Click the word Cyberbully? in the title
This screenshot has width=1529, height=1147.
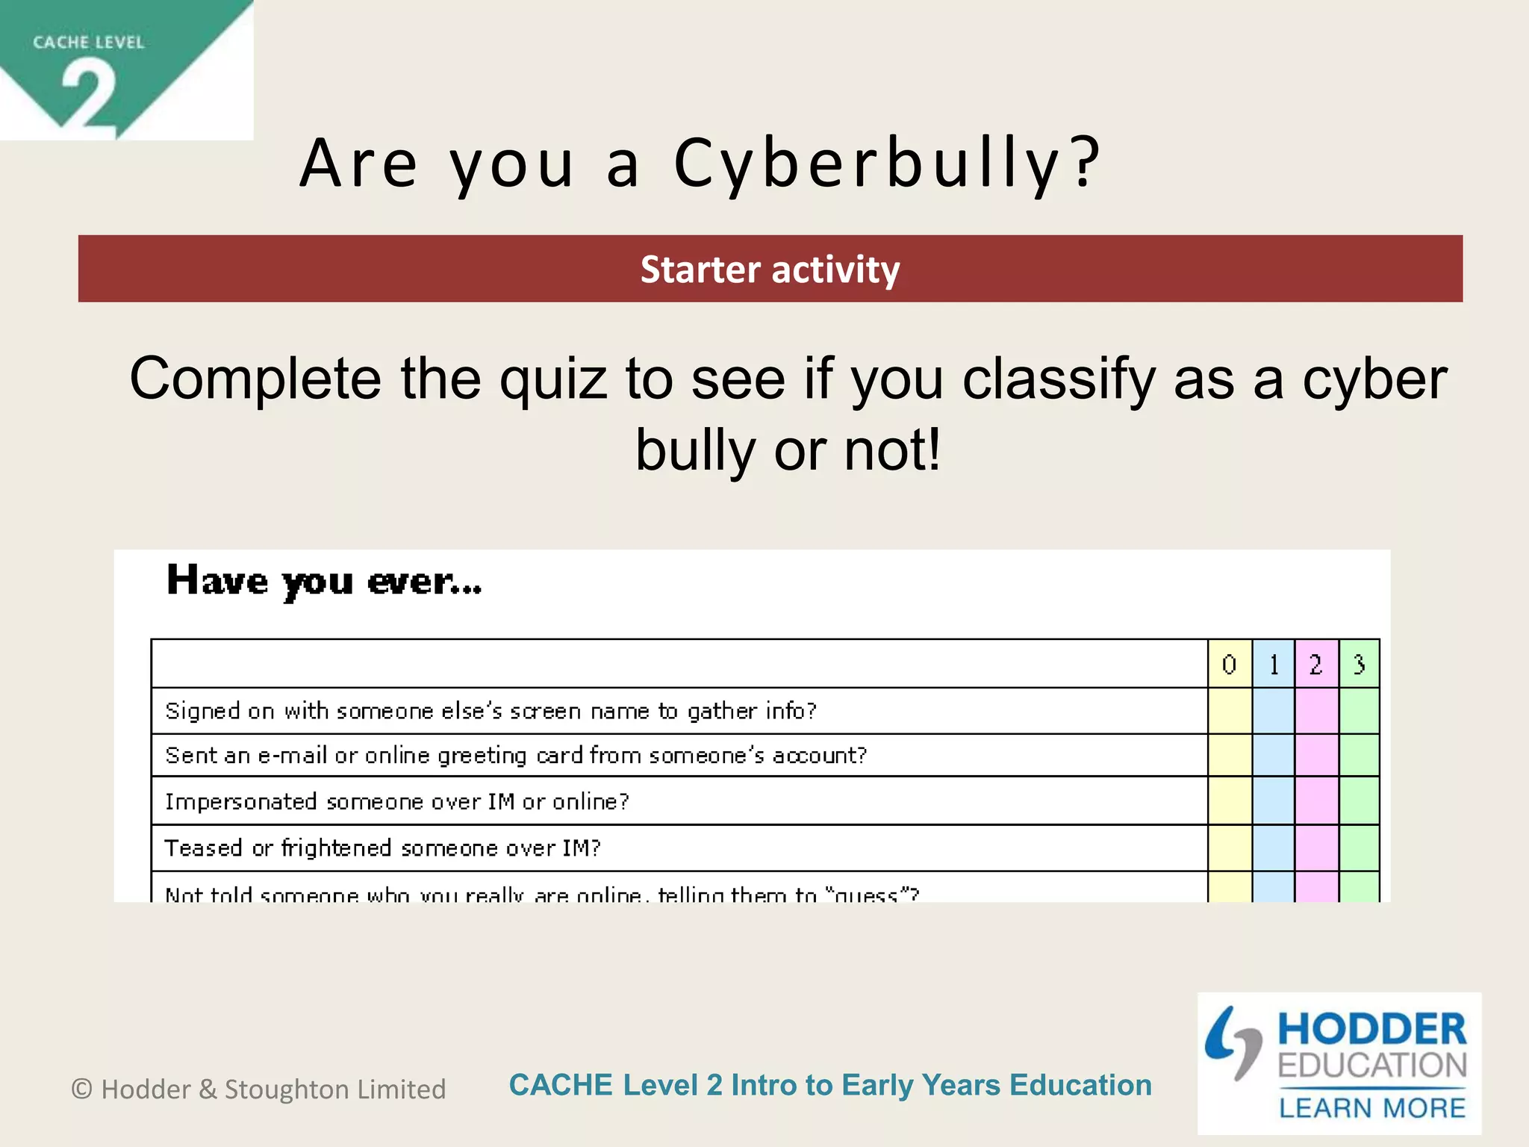pyautogui.click(x=887, y=164)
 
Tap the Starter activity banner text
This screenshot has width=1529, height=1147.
pyautogui.click(x=770, y=270)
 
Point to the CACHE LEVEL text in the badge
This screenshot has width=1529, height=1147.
pyautogui.click(x=88, y=43)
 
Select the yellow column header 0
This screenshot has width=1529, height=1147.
pyautogui.click(x=1229, y=664)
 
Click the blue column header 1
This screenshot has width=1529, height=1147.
pyautogui.click(x=1274, y=664)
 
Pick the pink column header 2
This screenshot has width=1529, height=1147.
pyautogui.click(x=1316, y=664)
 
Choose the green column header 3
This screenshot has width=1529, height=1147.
pyautogui.click(x=1359, y=664)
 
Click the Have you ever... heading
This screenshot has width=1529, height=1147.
pyautogui.click(x=324, y=581)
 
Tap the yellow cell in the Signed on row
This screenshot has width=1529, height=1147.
pyautogui.click(x=1230, y=711)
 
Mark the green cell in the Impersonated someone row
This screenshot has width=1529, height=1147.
pyautogui.click(x=1359, y=801)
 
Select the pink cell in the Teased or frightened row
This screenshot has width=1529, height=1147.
pyautogui.click(x=1316, y=848)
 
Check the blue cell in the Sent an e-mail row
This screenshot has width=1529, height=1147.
pyautogui.click(x=1274, y=755)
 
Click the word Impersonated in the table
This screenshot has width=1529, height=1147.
pyautogui.click(x=241, y=801)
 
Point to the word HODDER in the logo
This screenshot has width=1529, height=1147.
pyautogui.click(x=1372, y=1029)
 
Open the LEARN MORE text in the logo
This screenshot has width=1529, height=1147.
pyautogui.click(x=1372, y=1108)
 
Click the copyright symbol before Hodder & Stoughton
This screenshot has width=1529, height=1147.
pyautogui.click(x=81, y=1090)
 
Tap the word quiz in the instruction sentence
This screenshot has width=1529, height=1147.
pyautogui.click(x=552, y=379)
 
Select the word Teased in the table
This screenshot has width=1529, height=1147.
pyautogui.click(x=203, y=848)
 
